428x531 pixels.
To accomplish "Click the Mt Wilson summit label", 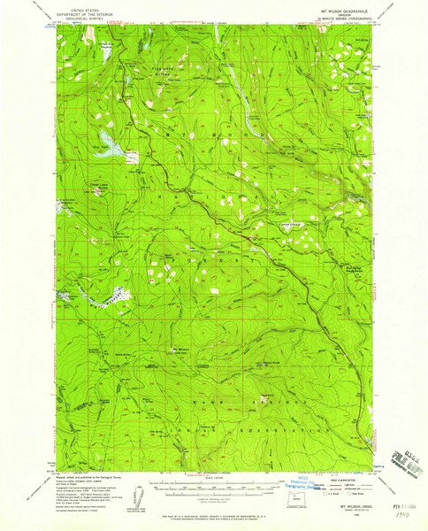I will [180, 348].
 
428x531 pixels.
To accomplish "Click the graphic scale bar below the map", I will [212, 485].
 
